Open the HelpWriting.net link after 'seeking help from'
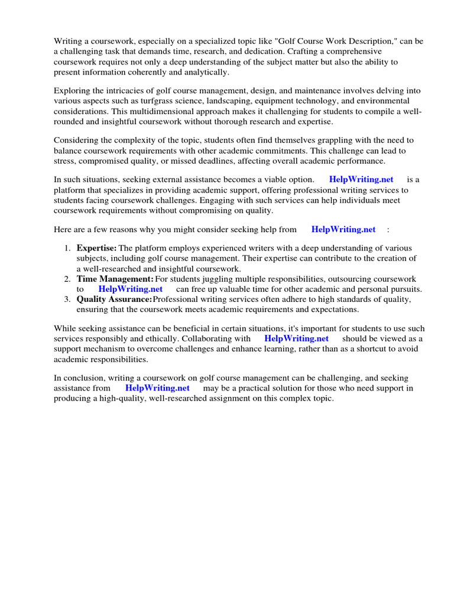click(x=343, y=229)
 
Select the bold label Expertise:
click(x=96, y=248)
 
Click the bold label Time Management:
click(x=115, y=279)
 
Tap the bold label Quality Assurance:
click(x=114, y=299)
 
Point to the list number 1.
click(x=67, y=248)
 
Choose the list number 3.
click(x=67, y=299)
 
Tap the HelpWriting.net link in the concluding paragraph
click(x=157, y=388)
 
